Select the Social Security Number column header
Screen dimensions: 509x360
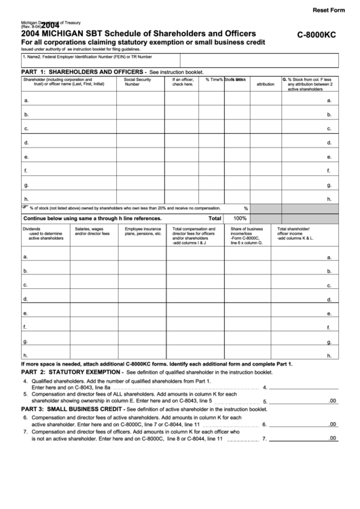[138, 82]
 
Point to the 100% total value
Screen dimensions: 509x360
[240, 219]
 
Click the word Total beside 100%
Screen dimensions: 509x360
[215, 219]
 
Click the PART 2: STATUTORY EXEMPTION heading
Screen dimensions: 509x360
[71, 373]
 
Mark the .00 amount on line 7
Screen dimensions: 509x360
[332, 438]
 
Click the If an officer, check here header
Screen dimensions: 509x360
[183, 82]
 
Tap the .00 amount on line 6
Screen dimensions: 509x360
[332, 424]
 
